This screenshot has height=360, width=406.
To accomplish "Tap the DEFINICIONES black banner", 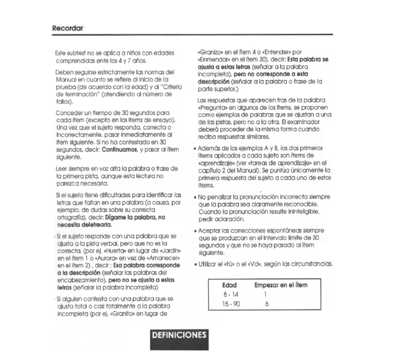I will tap(180, 335).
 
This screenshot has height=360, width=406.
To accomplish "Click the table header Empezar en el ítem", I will tap(281, 284).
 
